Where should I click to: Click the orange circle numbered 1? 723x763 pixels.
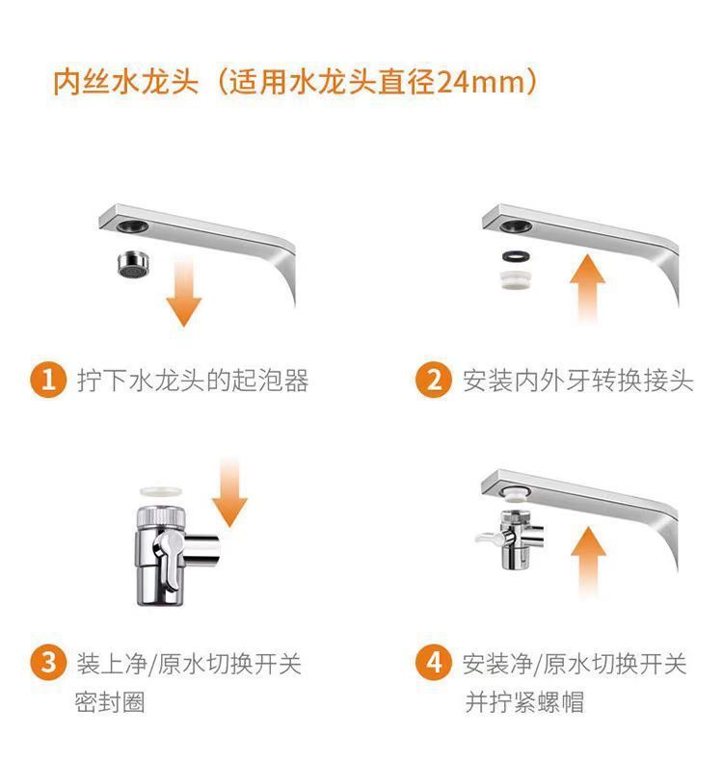(48, 380)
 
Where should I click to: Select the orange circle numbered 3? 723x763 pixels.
(48, 665)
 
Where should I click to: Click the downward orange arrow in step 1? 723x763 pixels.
(183, 289)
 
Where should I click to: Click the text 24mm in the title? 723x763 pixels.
(475, 81)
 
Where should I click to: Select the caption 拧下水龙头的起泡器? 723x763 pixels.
(193, 381)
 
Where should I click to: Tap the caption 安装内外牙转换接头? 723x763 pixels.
(577, 381)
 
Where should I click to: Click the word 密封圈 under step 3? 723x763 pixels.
(110, 703)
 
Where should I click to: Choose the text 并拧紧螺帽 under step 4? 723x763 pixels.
(524, 703)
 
